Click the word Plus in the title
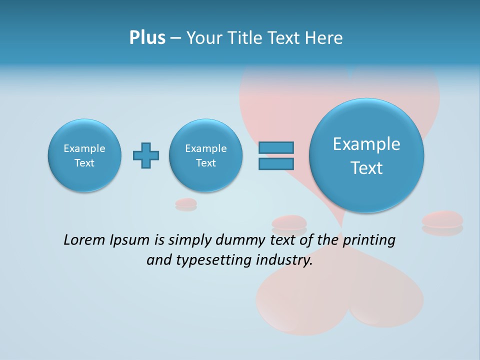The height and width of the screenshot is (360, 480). tap(147, 38)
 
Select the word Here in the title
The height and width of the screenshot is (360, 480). tap(324, 38)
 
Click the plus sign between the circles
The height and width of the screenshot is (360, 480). tap(146, 155)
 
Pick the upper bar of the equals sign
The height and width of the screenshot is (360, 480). tap(276, 148)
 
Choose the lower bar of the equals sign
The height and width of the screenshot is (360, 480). tap(276, 163)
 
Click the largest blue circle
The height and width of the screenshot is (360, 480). tap(366, 155)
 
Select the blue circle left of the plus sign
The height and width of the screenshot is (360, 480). tap(84, 155)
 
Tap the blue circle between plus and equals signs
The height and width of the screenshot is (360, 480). tap(205, 155)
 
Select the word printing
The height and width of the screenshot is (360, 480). tap(369, 240)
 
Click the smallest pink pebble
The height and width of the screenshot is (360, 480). tap(186, 203)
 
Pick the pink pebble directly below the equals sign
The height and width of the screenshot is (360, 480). tap(289, 222)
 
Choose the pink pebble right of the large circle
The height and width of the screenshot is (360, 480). tap(442, 220)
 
